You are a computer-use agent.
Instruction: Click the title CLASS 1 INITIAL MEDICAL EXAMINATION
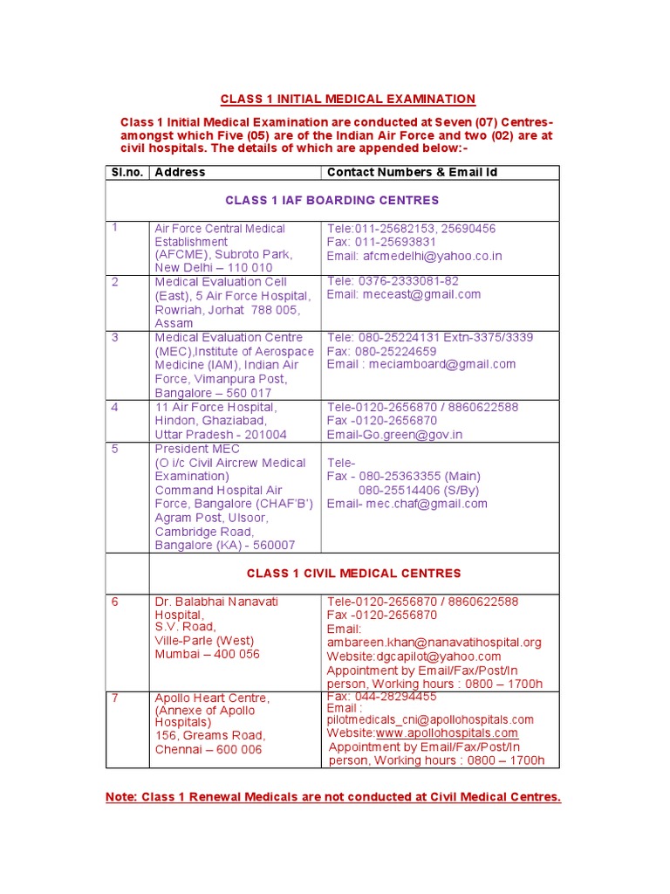coord(347,100)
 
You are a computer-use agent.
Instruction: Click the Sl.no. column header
coord(127,172)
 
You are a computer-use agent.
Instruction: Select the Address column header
coord(180,172)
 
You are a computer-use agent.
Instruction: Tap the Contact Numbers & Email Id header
coord(412,172)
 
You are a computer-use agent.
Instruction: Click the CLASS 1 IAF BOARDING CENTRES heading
coord(332,201)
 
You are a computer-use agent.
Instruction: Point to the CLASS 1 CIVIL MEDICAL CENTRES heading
coord(353,574)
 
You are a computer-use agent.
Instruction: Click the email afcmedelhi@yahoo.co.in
coord(432,256)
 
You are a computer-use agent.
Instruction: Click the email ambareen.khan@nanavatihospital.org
coord(434,643)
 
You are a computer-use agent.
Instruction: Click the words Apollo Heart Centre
coord(212,698)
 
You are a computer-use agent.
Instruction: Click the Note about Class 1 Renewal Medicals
coord(332,797)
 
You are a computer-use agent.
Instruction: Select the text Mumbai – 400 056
coord(207,654)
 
